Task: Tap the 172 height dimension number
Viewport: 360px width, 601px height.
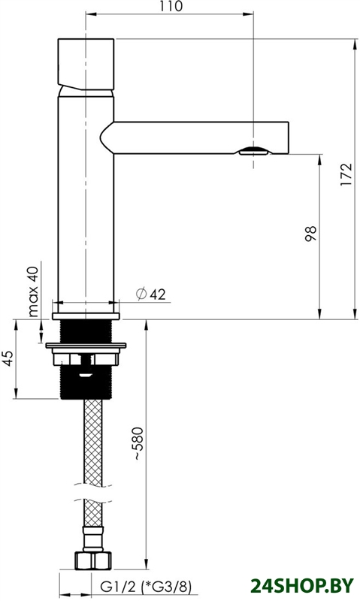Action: coord(346,174)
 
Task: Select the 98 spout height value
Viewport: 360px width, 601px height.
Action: coord(311,234)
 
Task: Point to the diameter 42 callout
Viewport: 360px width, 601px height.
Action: coord(151,294)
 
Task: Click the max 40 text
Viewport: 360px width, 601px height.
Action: coord(33,291)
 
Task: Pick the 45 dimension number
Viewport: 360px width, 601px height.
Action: coord(8,358)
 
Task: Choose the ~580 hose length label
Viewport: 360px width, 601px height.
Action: coord(138,443)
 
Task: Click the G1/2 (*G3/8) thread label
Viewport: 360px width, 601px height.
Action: coord(146,586)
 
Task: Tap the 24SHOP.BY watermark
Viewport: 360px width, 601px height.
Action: coord(301,586)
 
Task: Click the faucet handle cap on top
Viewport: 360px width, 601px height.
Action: coord(86,64)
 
